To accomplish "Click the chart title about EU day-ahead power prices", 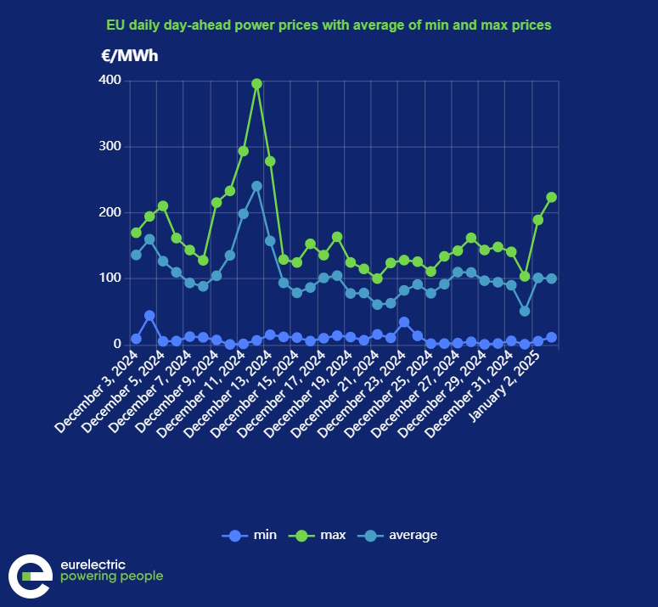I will coord(329,25).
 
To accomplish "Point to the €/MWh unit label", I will coord(129,57).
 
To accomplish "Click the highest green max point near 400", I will coord(256,84).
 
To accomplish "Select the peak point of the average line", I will coord(256,186).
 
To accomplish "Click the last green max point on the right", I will coord(551,197).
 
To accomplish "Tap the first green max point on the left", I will coord(136,233).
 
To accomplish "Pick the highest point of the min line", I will coord(149,315).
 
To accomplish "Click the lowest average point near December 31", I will coord(525,311).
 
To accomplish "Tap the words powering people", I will coord(111,577).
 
